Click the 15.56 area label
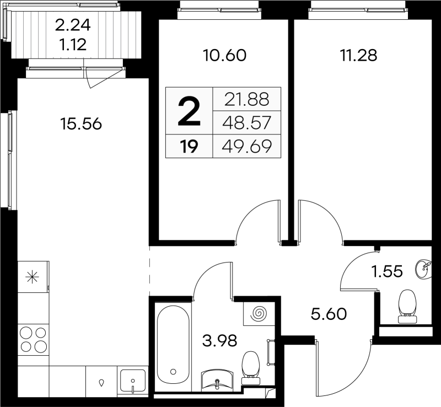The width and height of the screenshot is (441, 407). click(x=81, y=124)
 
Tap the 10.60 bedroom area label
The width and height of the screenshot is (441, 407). click(x=224, y=55)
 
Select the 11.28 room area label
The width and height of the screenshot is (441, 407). click(x=359, y=55)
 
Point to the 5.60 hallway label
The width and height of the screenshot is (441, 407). click(x=329, y=314)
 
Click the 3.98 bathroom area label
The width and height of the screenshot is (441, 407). click(x=219, y=340)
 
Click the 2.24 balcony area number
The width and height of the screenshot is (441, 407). click(x=73, y=25)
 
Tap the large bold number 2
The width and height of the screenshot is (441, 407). click(x=189, y=111)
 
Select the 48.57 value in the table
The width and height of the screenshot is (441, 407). click(x=246, y=123)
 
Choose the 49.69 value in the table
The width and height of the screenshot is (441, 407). click(x=246, y=146)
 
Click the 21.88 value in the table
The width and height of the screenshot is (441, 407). click(x=246, y=99)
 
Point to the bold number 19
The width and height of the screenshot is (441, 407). click(x=189, y=147)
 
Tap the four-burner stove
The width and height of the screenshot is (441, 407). click(x=33, y=340)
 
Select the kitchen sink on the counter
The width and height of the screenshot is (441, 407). click(x=133, y=381)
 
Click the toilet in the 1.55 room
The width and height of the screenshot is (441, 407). click(x=407, y=306)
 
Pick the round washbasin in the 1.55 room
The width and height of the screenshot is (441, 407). click(x=423, y=269)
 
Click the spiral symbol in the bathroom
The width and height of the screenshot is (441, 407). click(x=259, y=313)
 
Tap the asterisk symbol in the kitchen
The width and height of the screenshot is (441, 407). click(x=33, y=277)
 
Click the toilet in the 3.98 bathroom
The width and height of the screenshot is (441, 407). click(x=251, y=368)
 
